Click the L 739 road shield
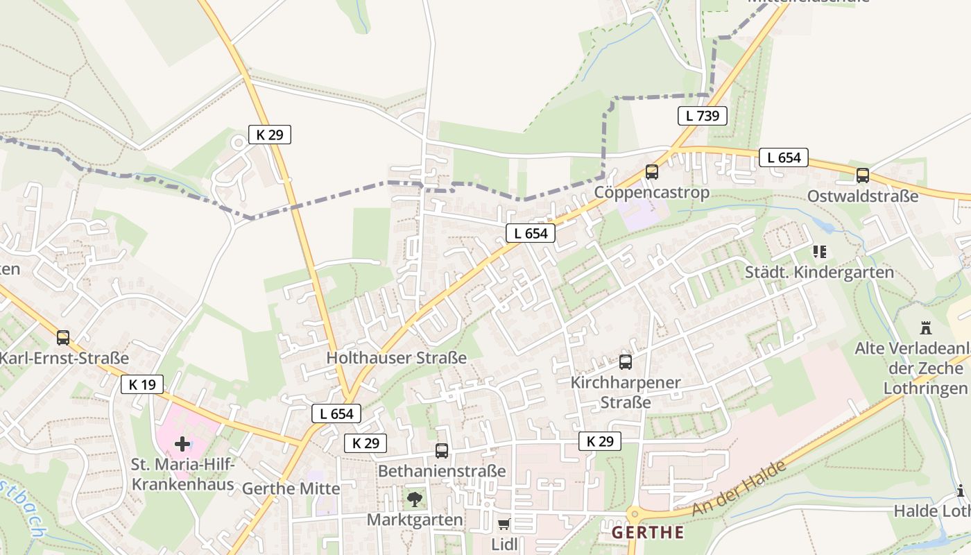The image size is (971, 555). pyautogui.click(x=702, y=116)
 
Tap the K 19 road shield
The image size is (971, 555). pyautogui.click(x=142, y=384)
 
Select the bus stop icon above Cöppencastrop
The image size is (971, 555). pyautogui.click(x=651, y=171)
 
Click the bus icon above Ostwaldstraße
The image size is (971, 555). pyautogui.click(x=862, y=176)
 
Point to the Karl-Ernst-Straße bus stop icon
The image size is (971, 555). pyautogui.click(x=63, y=338)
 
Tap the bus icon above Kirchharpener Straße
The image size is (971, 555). pyautogui.click(x=625, y=361)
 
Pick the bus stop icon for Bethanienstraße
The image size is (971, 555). pyautogui.click(x=441, y=450)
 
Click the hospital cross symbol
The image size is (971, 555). pyautogui.click(x=182, y=443)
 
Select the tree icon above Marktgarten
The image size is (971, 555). pyautogui.click(x=414, y=498)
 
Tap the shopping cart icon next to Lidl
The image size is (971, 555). pyautogui.click(x=504, y=524)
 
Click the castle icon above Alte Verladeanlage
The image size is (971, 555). pyautogui.click(x=925, y=327)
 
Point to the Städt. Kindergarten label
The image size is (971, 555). pyautogui.click(x=819, y=273)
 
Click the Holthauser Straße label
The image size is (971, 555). pyautogui.click(x=396, y=358)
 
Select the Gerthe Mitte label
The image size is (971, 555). pyautogui.click(x=291, y=488)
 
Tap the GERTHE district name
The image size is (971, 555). pyautogui.click(x=648, y=533)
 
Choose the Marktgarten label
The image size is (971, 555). pyautogui.click(x=415, y=520)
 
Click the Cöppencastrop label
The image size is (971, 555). pyautogui.click(x=652, y=192)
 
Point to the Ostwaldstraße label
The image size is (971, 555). pyautogui.click(x=862, y=196)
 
